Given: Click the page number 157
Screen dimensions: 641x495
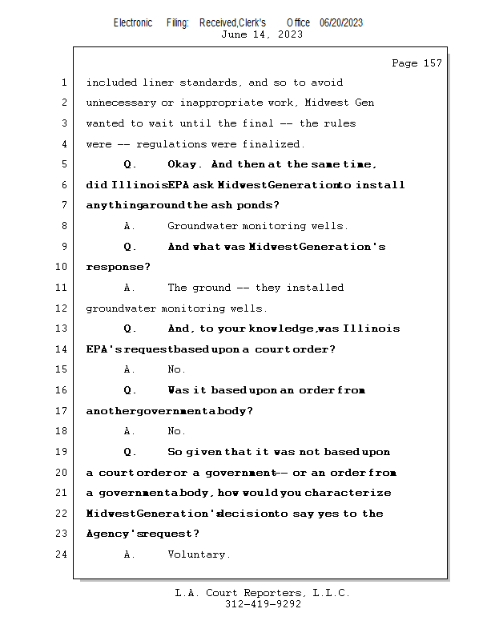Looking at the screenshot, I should (x=432, y=63).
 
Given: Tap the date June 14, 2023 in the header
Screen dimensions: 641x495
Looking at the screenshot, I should (x=262, y=34).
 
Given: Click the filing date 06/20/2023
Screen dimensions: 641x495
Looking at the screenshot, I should (x=340, y=23).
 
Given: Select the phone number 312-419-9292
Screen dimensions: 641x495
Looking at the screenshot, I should (x=263, y=604).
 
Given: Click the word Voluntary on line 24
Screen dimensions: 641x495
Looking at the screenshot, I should (x=199, y=554).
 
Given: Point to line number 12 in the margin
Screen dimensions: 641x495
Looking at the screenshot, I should (x=62, y=308).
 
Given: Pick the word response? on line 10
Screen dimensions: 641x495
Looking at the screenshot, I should (x=118, y=268).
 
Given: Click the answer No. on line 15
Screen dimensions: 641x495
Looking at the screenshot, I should (x=176, y=370).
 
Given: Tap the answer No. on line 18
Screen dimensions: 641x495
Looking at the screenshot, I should (x=176, y=432).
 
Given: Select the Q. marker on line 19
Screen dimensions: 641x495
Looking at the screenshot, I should (x=131, y=453).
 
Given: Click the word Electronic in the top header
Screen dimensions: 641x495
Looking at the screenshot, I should (x=133, y=23).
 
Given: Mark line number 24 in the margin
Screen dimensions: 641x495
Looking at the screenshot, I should (x=62, y=554).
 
